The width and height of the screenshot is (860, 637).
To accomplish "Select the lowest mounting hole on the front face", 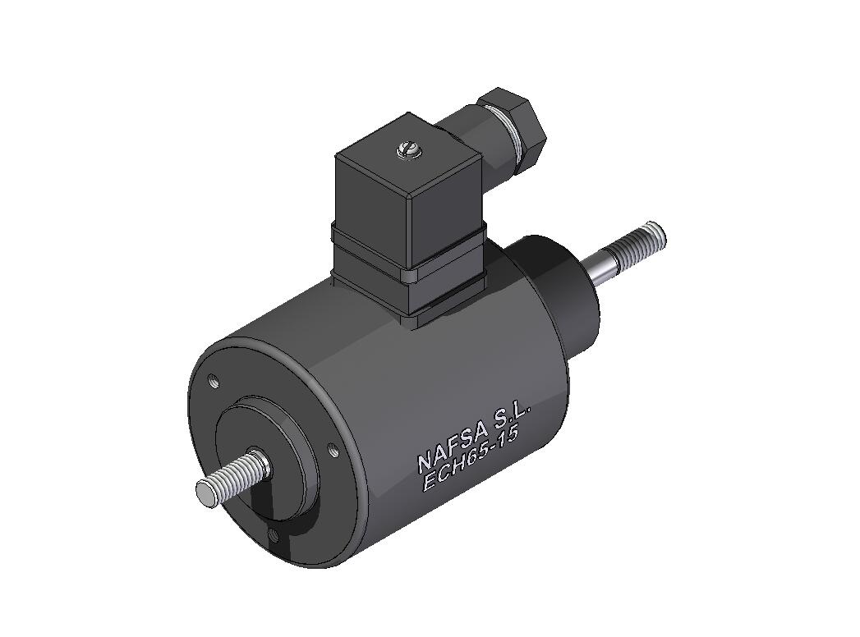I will click(274, 534).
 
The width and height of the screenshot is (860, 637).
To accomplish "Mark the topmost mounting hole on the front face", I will click(214, 381).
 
